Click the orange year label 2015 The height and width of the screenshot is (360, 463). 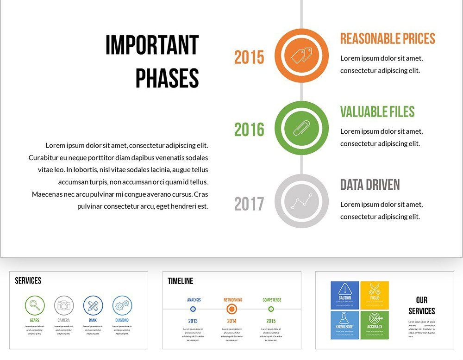[x=249, y=57]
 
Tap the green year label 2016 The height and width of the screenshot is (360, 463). [x=249, y=130]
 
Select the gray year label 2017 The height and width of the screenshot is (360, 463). [x=249, y=204]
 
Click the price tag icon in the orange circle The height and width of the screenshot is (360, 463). [x=301, y=56]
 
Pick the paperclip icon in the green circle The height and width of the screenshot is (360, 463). [x=301, y=128]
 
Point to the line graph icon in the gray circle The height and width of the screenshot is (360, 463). [x=301, y=201]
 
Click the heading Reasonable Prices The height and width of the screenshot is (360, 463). [x=388, y=38]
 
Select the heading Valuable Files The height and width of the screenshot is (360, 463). [x=377, y=112]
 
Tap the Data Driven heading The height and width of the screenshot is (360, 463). [x=370, y=185]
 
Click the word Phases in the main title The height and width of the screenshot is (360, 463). [x=167, y=78]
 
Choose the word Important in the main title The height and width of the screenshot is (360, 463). [x=152, y=45]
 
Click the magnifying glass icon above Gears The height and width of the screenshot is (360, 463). [x=35, y=305]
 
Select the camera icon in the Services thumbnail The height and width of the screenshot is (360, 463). [x=64, y=305]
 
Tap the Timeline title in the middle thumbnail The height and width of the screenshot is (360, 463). [x=181, y=281]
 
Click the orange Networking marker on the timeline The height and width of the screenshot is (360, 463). [x=232, y=309]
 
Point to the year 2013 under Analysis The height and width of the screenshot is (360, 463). [x=193, y=321]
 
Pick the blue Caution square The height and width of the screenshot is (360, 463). [x=345, y=295]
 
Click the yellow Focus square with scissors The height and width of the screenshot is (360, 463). [x=375, y=295]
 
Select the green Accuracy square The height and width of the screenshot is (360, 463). [x=375, y=325]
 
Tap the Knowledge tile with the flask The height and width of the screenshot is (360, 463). [x=345, y=325]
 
